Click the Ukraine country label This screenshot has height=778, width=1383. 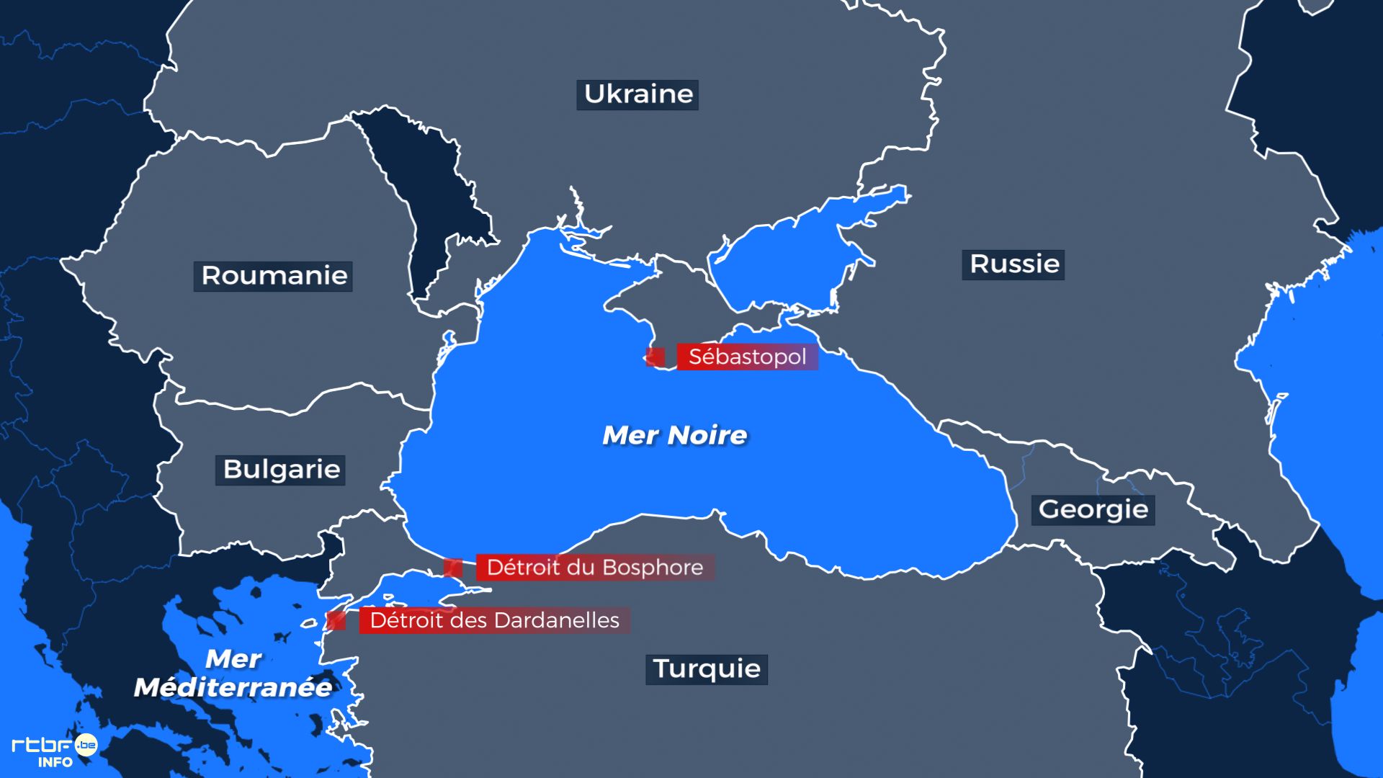pyautogui.click(x=637, y=94)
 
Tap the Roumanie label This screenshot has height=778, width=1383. pyautogui.click(x=273, y=276)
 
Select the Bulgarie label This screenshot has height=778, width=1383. pyautogui.click(x=281, y=470)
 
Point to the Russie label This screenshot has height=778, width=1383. pyautogui.click(x=1013, y=264)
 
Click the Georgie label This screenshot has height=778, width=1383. pyautogui.click(x=1093, y=510)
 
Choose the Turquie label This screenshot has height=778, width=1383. pyautogui.click(x=707, y=669)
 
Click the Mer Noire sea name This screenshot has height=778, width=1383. pyautogui.click(x=675, y=435)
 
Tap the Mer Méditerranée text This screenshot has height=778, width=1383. pyautogui.click(x=233, y=674)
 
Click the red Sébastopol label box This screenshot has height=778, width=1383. pyautogui.click(x=747, y=357)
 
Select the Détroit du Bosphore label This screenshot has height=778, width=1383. pyautogui.click(x=595, y=568)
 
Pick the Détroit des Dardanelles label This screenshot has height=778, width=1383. pyautogui.click(x=494, y=620)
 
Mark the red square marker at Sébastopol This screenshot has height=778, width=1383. pyautogui.click(x=655, y=357)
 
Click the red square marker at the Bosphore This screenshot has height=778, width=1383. pyautogui.click(x=452, y=568)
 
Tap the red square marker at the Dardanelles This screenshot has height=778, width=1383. pyautogui.click(x=336, y=620)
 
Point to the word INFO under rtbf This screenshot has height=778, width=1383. pyautogui.click(x=55, y=762)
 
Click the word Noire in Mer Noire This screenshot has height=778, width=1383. pyautogui.click(x=707, y=435)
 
